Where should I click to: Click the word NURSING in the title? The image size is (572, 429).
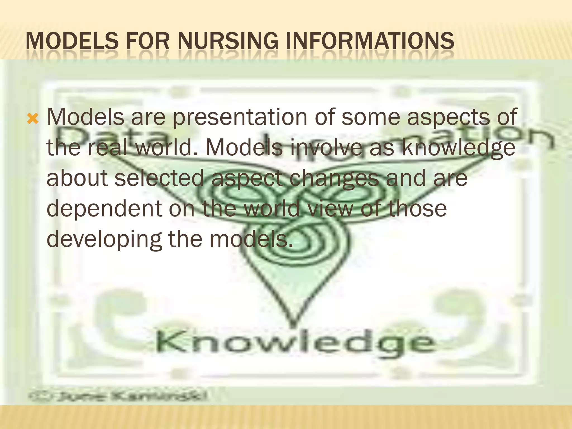pyautogui.click(x=228, y=41)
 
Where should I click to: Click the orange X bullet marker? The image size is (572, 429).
pyautogui.click(x=33, y=120)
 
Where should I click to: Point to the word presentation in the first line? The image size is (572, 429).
pyautogui.click(x=240, y=117)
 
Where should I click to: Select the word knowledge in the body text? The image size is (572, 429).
pyautogui.click(x=458, y=148)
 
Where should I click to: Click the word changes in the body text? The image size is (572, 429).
pyautogui.click(x=334, y=179)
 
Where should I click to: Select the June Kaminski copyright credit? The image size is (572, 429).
pyautogui.click(x=117, y=396)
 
